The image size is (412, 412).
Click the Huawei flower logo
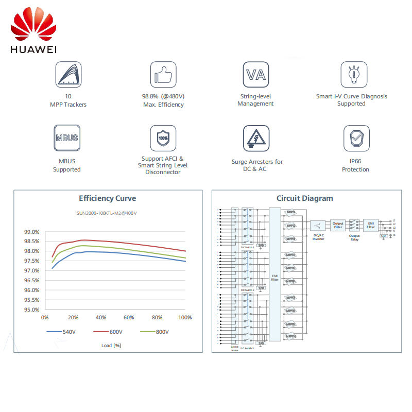coord(33,29)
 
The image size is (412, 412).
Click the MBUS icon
coord(66,138)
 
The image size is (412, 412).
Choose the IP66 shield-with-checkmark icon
coord(356,138)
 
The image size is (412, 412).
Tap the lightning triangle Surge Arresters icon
coord(256,138)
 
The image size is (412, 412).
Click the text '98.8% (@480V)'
coord(163,96)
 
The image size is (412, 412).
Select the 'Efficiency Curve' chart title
coord(107,198)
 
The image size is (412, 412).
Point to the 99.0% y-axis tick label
coord(31,232)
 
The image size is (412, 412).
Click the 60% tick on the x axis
coord(129,317)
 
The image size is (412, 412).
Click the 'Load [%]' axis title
coord(111,345)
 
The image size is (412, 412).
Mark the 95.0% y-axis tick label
coord(31,310)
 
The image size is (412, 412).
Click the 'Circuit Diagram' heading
coord(304,198)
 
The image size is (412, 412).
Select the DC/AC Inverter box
coord(318,227)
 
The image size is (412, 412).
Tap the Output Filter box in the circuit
coord(337,225)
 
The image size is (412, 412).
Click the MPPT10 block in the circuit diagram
coord(291,337)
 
